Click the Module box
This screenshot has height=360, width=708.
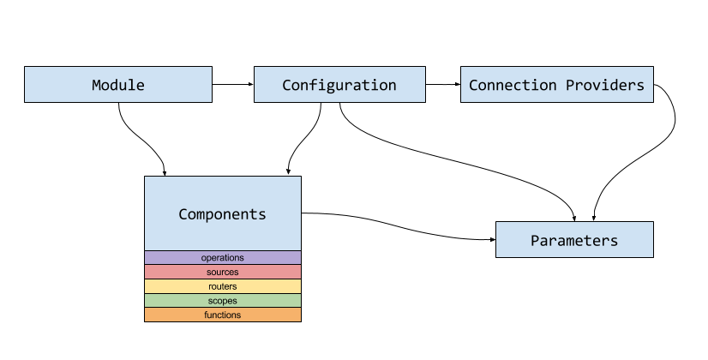[117, 85]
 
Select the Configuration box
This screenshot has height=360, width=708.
[339, 85]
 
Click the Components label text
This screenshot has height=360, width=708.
[222, 214]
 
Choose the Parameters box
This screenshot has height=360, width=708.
[574, 240]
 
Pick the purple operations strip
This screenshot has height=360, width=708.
[222, 258]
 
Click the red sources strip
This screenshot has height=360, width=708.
[222, 272]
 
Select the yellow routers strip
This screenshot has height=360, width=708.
[222, 286]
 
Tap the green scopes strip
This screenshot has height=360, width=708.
[222, 301]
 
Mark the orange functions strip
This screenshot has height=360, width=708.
[222, 315]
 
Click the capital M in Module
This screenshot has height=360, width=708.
[97, 85]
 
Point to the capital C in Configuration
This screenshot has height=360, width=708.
[287, 85]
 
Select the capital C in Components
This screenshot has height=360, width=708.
[183, 214]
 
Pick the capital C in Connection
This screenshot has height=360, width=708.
[474, 85]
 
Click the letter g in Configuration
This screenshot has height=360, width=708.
[335, 87]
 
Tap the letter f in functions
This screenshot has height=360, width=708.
[206, 315]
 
